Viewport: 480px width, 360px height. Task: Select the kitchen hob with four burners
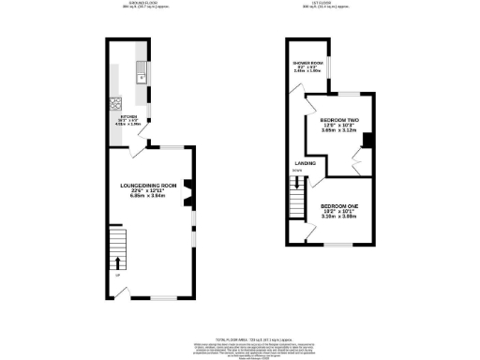117,103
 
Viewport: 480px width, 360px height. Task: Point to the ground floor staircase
117,248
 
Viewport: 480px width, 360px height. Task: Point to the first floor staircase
299,199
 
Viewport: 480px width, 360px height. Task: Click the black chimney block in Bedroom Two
368,141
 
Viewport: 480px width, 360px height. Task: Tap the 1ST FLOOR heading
333,5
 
